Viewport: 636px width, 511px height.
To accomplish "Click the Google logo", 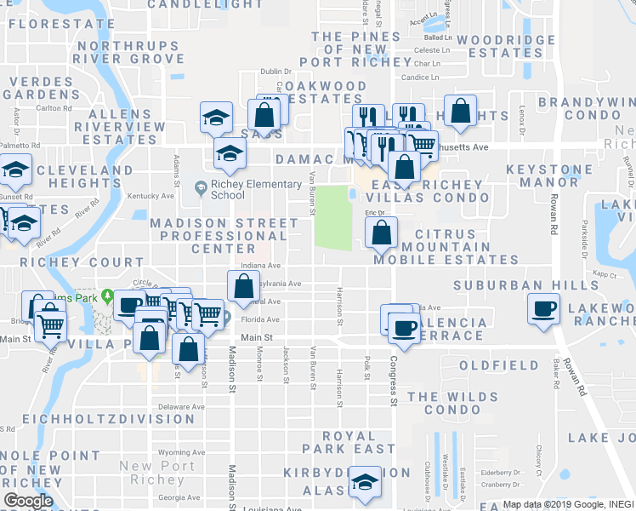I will pyautogui.click(x=27, y=501).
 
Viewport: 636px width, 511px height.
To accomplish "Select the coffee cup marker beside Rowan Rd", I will pyautogui.click(x=544, y=309).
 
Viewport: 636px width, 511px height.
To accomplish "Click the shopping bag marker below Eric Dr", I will pyautogui.click(x=382, y=233).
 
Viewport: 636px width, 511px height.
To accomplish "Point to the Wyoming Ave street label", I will pyautogui.click(x=181, y=452).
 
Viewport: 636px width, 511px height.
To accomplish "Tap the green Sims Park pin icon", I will pyautogui.click(x=107, y=296).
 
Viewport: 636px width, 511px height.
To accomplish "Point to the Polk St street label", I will pyautogui.click(x=366, y=368).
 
